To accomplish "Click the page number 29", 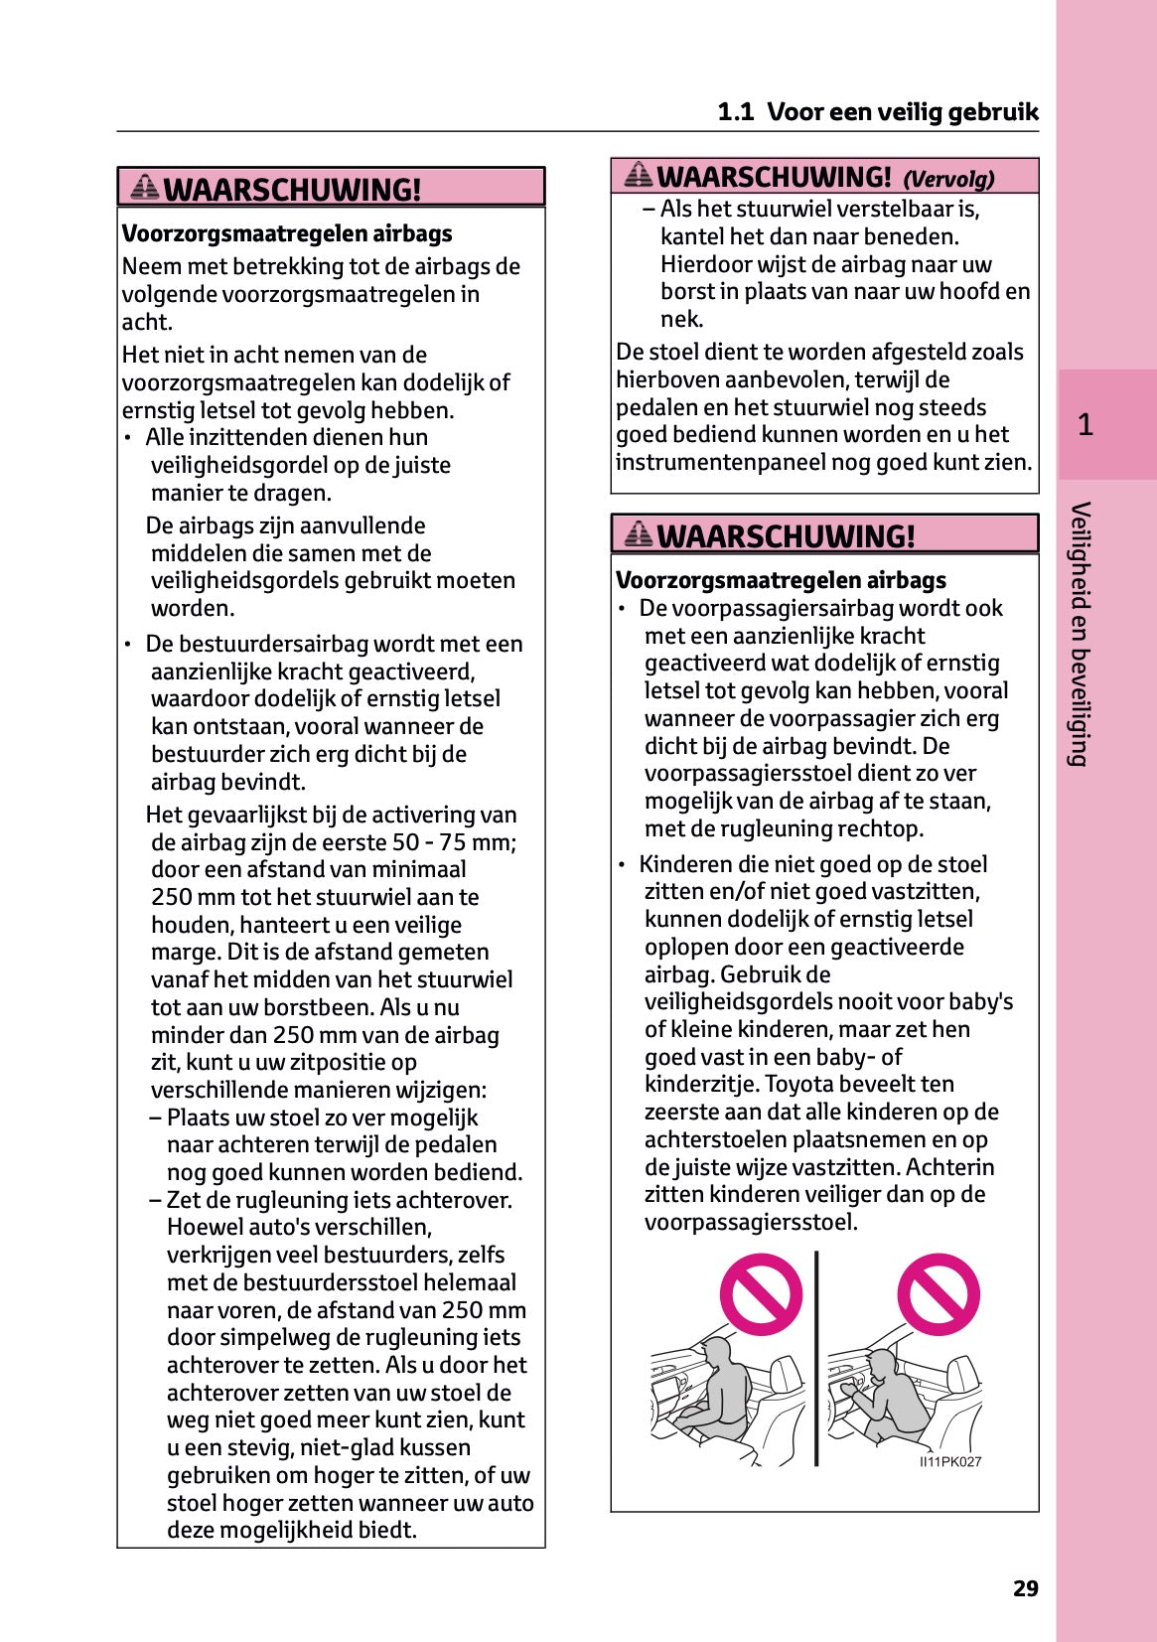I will coord(1025,1588).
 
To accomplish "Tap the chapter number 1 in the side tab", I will coord(1085,425).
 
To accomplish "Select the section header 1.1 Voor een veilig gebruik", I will coord(877,112).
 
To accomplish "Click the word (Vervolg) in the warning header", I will coord(948,180).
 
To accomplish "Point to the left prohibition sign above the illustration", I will coord(761,1294).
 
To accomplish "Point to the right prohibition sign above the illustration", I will coord(938,1294).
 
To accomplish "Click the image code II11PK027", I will coord(950,1461).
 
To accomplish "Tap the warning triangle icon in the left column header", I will coord(145,187).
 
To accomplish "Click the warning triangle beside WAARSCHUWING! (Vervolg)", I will coord(639,176).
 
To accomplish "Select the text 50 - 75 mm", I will coord(454,842).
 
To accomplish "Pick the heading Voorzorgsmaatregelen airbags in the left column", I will coord(286,233).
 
